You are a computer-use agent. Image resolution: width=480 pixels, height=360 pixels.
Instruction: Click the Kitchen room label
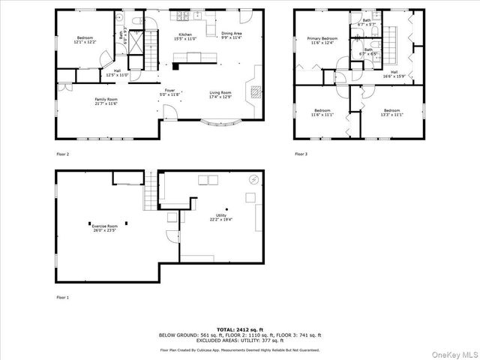coord(185,36)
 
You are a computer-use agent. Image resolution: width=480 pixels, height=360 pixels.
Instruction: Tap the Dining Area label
coord(231,35)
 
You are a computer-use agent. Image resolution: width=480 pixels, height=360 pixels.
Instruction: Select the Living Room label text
coord(220,94)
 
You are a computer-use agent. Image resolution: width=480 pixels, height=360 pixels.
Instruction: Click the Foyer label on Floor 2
coord(171,93)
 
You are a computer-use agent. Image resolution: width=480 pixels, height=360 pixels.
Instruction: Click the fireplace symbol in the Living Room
coord(255,92)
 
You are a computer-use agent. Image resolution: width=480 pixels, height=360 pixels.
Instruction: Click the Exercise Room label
coord(105,227)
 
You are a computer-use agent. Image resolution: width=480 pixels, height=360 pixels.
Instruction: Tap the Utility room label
coord(221,217)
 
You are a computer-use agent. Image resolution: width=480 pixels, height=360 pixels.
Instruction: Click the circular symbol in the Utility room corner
coord(253,179)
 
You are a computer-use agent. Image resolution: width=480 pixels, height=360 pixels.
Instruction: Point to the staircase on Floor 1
coord(151,189)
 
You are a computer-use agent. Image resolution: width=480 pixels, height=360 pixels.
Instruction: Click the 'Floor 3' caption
coord(301,154)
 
